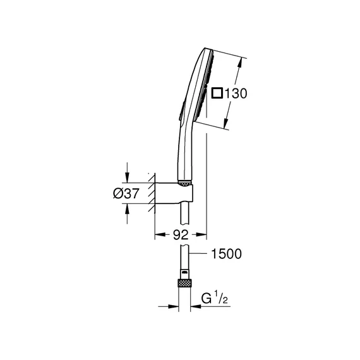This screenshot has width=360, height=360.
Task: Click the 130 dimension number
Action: click(236, 93)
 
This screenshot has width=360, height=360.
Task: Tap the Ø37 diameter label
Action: click(126, 193)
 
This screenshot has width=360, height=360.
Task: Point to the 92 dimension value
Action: click(181, 235)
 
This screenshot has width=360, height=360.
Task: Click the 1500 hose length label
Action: click(226, 254)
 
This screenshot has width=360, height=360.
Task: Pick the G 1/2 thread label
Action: click(215, 297)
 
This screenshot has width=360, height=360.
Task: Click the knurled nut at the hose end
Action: click(184, 283)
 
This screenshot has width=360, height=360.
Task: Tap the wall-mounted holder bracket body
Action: click(174, 193)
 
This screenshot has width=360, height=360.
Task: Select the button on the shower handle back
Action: click(183, 111)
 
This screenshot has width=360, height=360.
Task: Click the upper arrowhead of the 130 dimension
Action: click(239, 63)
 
